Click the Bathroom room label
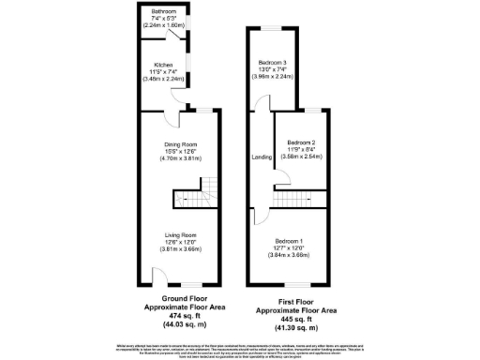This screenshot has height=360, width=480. tap(163, 12)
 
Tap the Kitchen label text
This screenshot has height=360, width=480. tap(163, 65)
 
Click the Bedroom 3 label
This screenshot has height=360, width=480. tap(272, 62)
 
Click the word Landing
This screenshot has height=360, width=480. tap(261, 157)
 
